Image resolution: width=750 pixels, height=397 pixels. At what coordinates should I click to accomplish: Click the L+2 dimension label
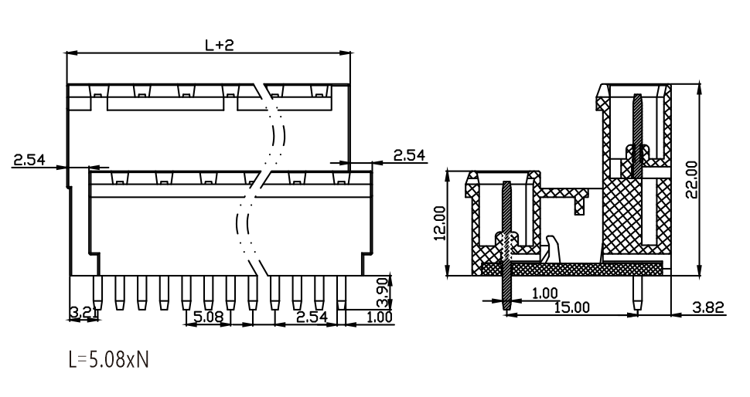pos(220,45)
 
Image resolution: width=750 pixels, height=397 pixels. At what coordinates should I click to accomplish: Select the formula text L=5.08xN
pos(109,359)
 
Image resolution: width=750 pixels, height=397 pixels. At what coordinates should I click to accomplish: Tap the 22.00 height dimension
pos(691,179)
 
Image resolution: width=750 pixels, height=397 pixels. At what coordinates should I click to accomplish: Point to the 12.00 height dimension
pos(440,222)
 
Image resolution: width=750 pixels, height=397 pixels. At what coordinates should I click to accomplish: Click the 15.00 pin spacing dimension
pos(572,307)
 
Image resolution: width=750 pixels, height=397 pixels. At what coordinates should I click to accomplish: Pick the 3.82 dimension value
pos(708,307)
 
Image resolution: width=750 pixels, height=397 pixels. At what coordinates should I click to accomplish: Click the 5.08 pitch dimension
pos(208,316)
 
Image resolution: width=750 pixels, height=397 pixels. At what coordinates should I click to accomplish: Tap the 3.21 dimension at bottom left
pos(83,313)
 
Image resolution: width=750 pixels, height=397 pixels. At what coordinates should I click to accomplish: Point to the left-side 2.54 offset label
pos(29,159)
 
